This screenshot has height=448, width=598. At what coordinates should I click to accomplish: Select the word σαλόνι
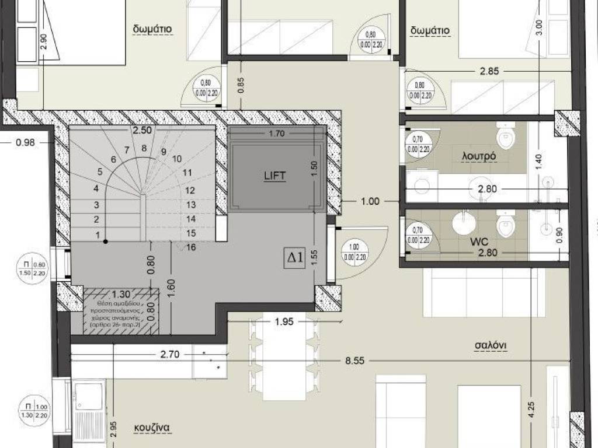click(x=489, y=345)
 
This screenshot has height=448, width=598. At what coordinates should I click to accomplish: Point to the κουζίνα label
click(x=150, y=426)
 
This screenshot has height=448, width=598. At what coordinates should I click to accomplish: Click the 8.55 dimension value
click(x=354, y=361)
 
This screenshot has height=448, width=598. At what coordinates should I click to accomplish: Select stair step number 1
click(x=98, y=234)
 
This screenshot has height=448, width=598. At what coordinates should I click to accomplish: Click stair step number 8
click(x=144, y=148)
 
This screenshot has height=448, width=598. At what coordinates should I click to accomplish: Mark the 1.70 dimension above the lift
click(x=276, y=134)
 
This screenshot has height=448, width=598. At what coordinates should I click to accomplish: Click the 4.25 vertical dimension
click(x=531, y=406)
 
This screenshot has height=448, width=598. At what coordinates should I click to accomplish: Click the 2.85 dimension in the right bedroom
click(x=489, y=72)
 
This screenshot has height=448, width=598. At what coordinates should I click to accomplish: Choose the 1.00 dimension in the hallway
click(x=370, y=202)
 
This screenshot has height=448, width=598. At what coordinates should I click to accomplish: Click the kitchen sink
click(x=88, y=395)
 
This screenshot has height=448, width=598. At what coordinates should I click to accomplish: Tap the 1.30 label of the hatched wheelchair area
click(x=121, y=295)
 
